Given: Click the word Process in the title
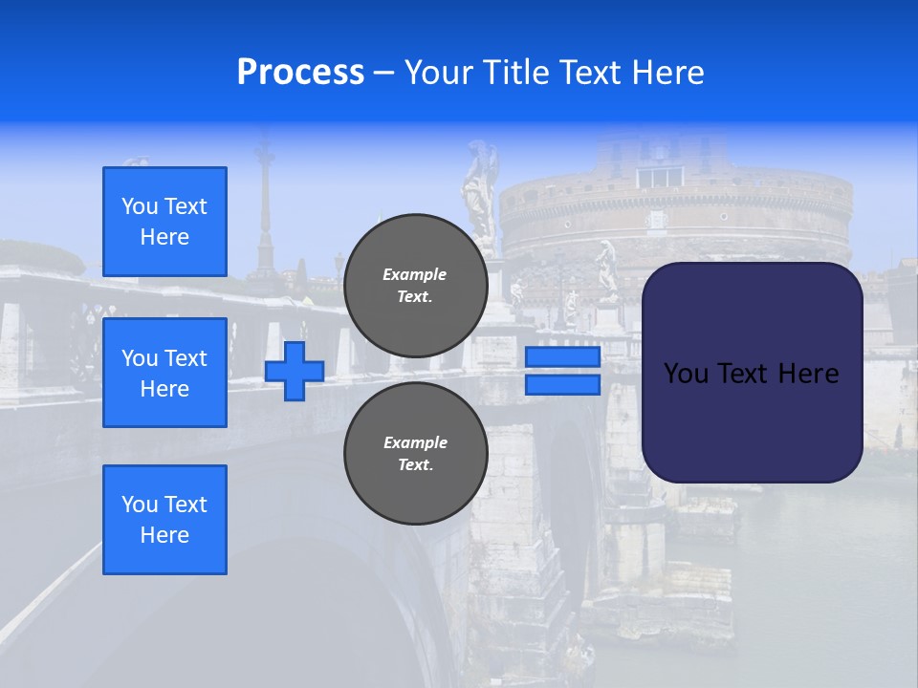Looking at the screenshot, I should pos(300,73).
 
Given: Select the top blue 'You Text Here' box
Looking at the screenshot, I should pos(164,222).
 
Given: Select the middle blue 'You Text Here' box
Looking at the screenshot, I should pos(164,373).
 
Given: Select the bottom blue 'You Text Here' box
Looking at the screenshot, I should pos(164,520).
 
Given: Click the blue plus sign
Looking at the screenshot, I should pos(295,371).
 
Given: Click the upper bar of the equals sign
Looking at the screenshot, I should pos(562,357).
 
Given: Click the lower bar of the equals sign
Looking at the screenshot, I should pos(562,385).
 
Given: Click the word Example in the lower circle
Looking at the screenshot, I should pos(415,442).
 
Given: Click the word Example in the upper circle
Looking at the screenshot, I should pos(415,274).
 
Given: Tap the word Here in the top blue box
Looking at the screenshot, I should pos(164,237).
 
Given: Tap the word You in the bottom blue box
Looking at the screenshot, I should pos(140,505).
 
